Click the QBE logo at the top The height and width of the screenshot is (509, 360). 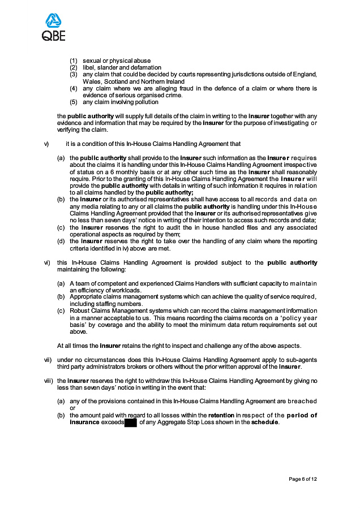[54, 27]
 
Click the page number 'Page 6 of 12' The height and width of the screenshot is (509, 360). [303, 479]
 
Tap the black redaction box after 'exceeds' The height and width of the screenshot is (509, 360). [131, 422]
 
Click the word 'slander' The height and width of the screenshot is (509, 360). [106, 67]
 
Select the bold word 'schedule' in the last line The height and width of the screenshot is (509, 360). [265, 422]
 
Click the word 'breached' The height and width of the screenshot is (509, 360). [302, 401]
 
